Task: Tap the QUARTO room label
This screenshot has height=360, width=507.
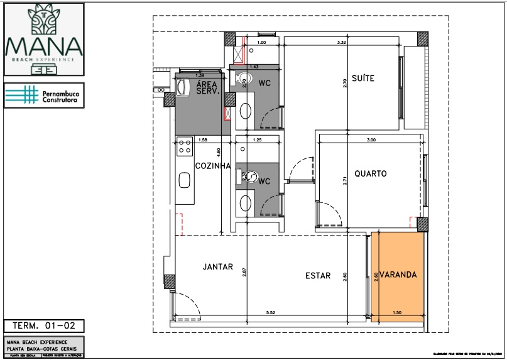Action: point(369,173)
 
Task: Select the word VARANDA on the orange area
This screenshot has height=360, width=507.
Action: point(397,275)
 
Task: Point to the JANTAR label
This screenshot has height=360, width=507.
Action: point(218,267)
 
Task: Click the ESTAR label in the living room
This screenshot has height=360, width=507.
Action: point(318,275)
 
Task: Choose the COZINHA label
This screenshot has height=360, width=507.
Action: point(212,166)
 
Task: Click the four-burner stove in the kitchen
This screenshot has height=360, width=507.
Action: point(185,148)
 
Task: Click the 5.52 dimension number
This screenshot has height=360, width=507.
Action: point(271,312)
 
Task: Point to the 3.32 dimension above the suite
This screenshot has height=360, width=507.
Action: point(342,43)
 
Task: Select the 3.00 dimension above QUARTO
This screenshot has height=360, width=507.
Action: point(371,140)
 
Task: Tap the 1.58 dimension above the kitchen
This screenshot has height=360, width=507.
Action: point(202,140)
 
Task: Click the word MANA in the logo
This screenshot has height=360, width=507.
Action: point(43,46)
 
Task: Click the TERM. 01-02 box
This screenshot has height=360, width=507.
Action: point(43,325)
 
